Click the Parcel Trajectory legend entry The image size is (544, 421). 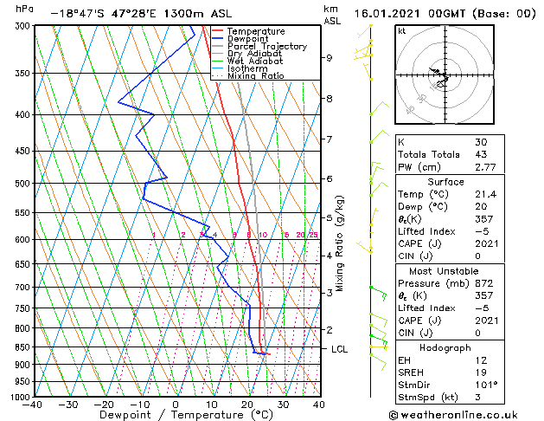point(266,47)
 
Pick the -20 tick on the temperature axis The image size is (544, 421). point(104,405)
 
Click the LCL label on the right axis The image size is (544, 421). point(340,349)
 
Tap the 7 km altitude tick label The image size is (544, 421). point(329,139)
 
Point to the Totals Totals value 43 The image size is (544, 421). point(481,154)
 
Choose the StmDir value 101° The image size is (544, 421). point(486,385)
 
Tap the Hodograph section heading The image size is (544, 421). point(445,347)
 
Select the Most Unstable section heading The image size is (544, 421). point(445,270)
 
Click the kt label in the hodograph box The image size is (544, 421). point(401,30)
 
